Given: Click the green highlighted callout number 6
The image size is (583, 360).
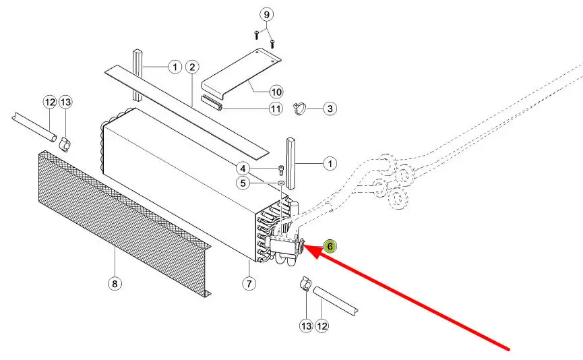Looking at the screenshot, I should (330, 246).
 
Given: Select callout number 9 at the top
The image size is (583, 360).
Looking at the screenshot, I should (266, 14).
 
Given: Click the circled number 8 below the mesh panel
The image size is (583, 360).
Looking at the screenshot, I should (115, 284).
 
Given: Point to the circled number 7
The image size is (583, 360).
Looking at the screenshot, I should (249, 284).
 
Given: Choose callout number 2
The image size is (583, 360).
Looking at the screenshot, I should (193, 67).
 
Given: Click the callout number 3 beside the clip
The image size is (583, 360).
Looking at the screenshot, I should (330, 107).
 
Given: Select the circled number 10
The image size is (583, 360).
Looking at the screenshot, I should (276, 91).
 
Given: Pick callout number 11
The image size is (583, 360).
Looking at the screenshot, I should (276, 109).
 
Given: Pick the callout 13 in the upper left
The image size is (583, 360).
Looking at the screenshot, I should (65, 102).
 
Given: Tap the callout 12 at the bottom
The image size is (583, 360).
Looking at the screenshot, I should (323, 326).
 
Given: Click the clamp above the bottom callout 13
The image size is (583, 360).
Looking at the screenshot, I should (304, 284).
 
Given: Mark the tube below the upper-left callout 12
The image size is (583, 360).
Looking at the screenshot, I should (34, 127).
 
